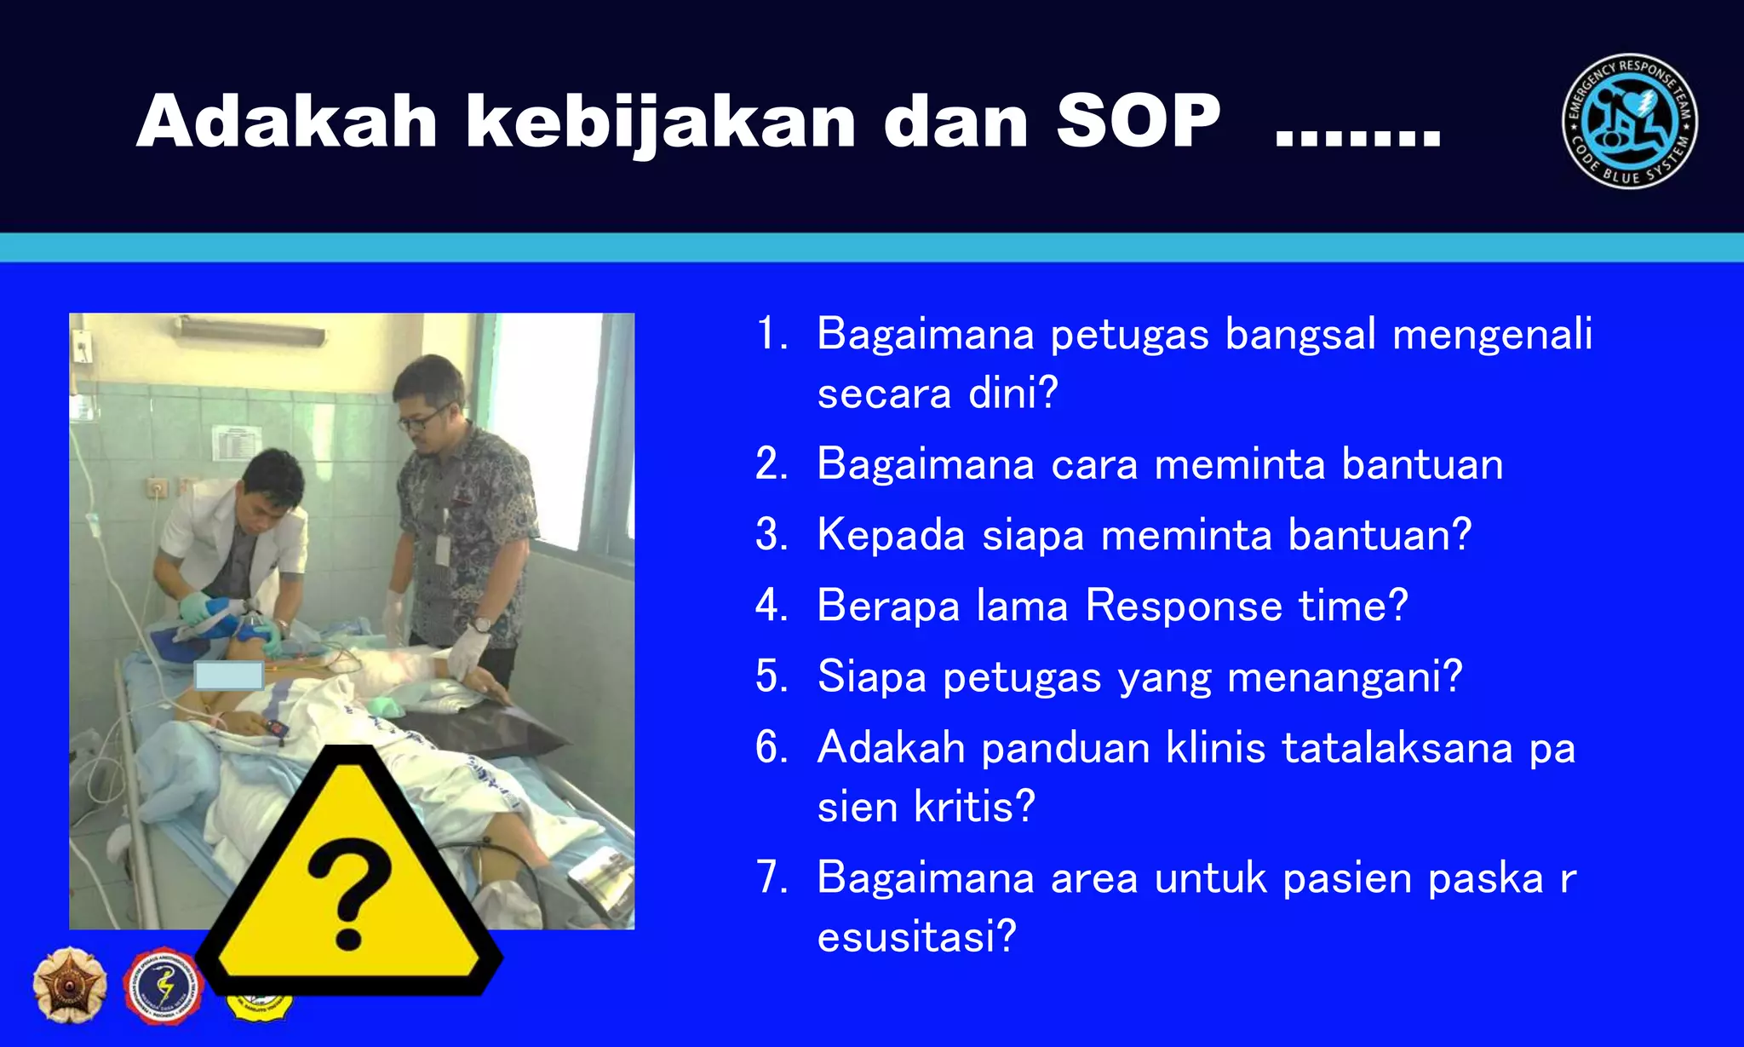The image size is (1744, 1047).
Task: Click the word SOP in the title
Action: pyautogui.click(x=1138, y=122)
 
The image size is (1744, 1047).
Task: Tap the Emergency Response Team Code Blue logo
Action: pyautogui.click(x=1629, y=122)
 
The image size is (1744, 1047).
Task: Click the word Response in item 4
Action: pyautogui.click(x=1184, y=607)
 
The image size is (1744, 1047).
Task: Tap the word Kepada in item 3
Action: pyautogui.click(x=891, y=535)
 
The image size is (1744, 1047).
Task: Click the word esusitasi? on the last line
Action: pyautogui.click(x=917, y=936)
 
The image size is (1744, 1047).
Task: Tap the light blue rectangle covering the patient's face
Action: pyautogui.click(x=228, y=676)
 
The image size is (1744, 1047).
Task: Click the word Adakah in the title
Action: pyautogui.click(x=286, y=122)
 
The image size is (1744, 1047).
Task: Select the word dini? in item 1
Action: pyautogui.click(x=1013, y=394)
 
